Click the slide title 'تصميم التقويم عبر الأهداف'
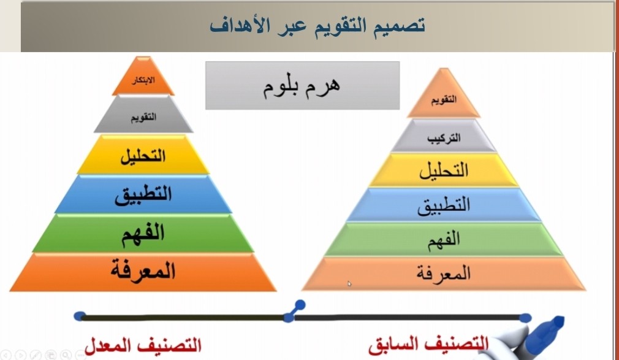click(317, 26)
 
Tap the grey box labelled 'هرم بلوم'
click(302, 85)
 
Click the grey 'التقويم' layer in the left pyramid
click(143, 115)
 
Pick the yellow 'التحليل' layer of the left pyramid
click(143, 155)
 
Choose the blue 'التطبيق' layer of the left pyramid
click(143, 194)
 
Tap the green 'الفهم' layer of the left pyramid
click(143, 233)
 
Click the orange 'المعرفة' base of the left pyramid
click(143, 272)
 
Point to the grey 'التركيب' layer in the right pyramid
click(444, 136)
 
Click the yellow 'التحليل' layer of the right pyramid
click(444, 170)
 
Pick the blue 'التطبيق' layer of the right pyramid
click(444, 205)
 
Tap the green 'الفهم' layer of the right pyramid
click(444, 239)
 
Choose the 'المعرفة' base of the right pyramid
click(444, 274)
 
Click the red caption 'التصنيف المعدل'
click(143, 345)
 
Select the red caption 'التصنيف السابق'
click(429, 344)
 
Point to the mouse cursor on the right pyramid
click(349, 284)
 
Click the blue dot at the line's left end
click(79, 316)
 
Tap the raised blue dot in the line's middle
click(300, 305)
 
